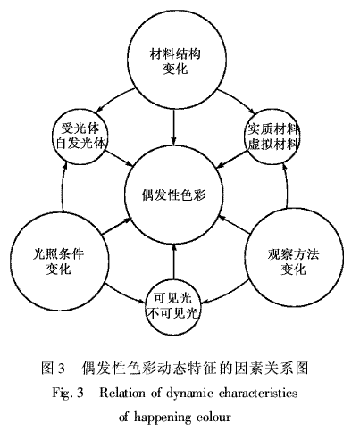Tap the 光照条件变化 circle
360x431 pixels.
59,261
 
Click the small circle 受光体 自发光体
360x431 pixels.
80,137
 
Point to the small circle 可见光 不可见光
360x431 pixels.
173,306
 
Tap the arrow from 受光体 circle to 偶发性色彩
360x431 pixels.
120,158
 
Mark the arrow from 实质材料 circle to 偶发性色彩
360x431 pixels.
232,159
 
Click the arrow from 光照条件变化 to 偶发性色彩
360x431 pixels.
117,227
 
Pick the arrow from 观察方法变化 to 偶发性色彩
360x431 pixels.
235,225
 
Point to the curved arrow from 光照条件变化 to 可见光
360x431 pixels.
124,297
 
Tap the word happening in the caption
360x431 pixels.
162,417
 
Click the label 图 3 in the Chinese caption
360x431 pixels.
53,369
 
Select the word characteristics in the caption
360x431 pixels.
258,394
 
